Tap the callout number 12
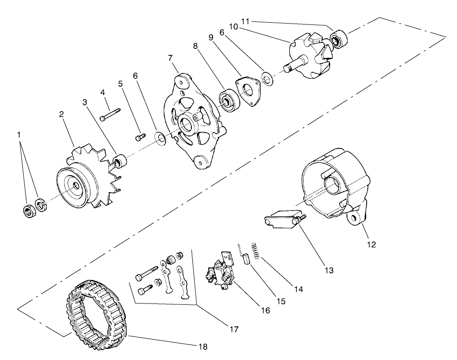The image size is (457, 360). (x=372, y=244)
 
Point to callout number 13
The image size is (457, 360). (x=330, y=270)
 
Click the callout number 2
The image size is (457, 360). (x=62, y=114)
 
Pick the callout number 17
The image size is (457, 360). (x=233, y=329)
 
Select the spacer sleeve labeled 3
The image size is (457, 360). (x=121, y=161)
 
